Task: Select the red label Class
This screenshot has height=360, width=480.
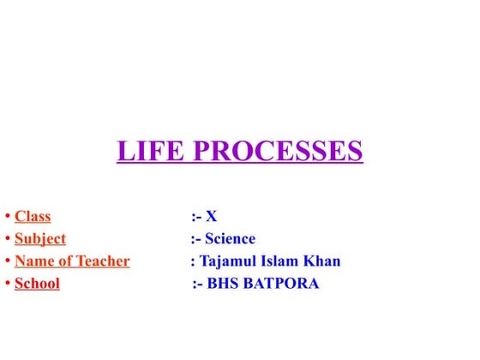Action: [33, 216]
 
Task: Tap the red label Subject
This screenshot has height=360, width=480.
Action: [40, 238]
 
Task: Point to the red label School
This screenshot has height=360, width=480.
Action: [37, 283]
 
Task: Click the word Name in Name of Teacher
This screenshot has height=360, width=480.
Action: [33, 261]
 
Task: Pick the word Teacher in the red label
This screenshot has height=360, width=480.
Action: [103, 261]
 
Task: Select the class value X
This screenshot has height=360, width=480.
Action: [211, 216]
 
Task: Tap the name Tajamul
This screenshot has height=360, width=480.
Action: [231, 261]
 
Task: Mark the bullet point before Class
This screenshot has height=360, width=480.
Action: [7, 217]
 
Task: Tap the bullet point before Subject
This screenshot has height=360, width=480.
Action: [7, 239]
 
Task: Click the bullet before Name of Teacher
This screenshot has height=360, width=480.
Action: [7, 261]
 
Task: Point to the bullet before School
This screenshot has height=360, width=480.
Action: [7, 284]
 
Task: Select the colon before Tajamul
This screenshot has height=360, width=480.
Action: [192, 261]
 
